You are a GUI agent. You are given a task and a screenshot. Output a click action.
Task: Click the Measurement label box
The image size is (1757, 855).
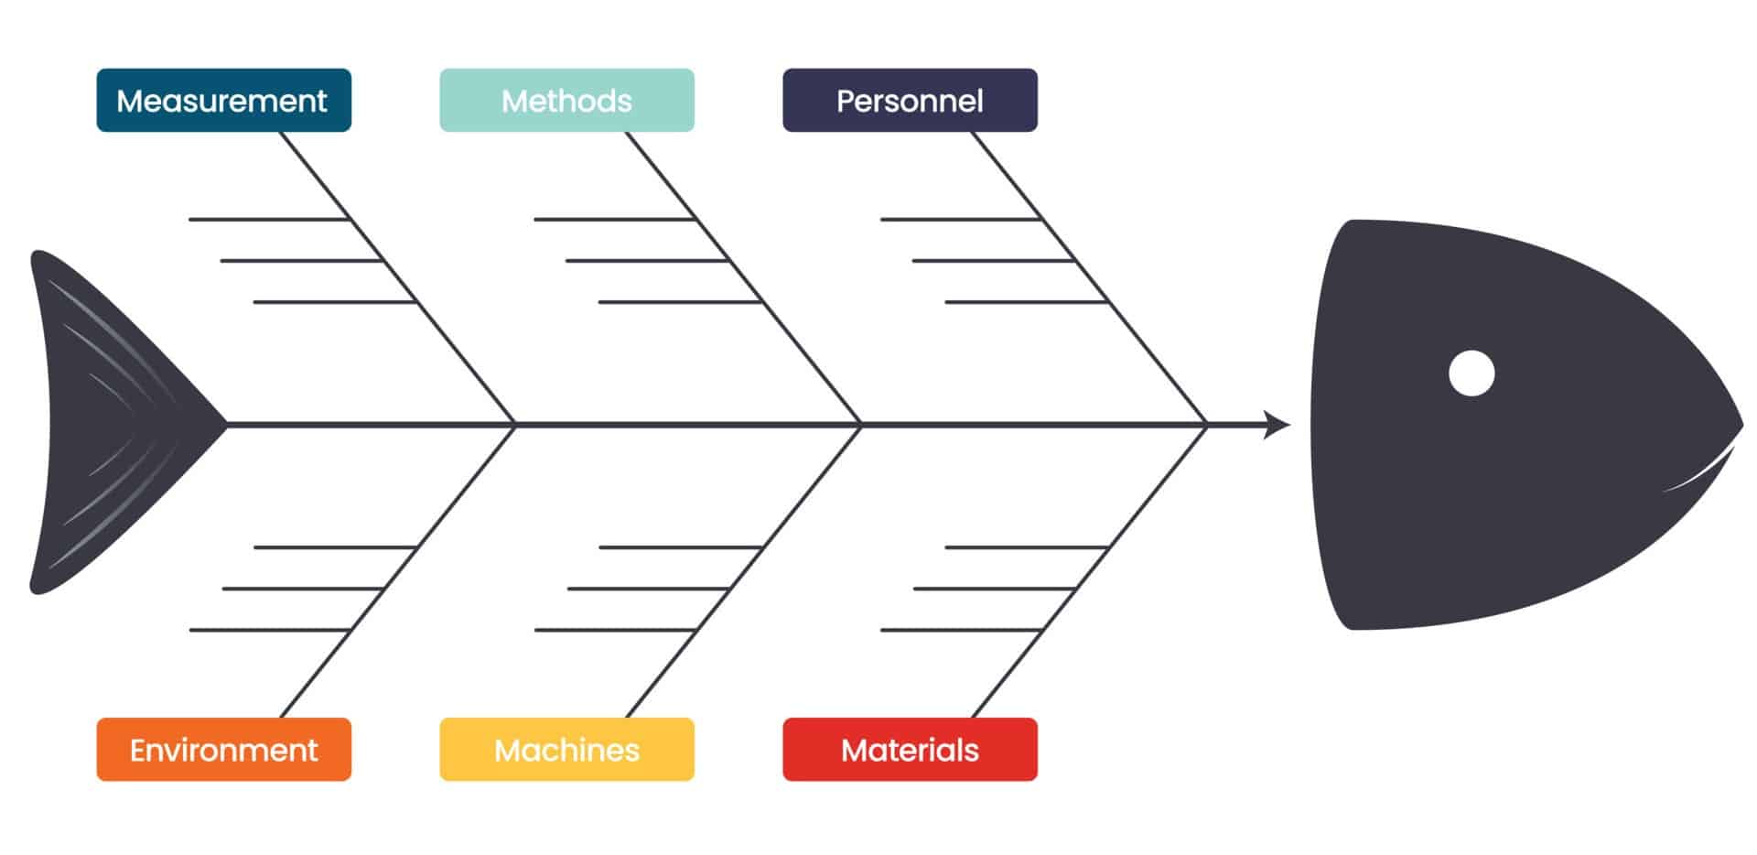point(223,101)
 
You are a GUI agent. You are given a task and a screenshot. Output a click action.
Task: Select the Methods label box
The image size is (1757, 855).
point(566,101)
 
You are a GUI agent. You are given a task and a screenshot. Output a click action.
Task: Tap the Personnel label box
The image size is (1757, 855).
point(910,101)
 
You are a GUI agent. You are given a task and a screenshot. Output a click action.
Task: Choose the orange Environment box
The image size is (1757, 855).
point(223,750)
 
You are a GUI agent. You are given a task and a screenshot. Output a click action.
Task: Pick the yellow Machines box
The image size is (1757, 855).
point(566,750)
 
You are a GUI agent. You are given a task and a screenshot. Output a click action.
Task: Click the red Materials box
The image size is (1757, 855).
point(910,750)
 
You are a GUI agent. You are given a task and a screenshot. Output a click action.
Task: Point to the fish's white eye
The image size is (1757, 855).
point(1471,373)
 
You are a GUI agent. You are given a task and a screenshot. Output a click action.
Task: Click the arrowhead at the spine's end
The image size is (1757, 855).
point(1277,425)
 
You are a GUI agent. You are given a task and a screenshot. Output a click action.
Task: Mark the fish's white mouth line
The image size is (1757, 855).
point(1702,472)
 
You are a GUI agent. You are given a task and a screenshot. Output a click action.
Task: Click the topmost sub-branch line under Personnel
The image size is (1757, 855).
point(961,220)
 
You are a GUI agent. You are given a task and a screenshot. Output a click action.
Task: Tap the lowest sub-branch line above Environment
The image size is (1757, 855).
point(270,630)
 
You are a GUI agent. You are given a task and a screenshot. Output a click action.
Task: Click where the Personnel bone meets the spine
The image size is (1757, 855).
point(1207,425)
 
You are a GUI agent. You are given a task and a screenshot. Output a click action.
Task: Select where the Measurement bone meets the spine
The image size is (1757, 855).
point(515,425)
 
